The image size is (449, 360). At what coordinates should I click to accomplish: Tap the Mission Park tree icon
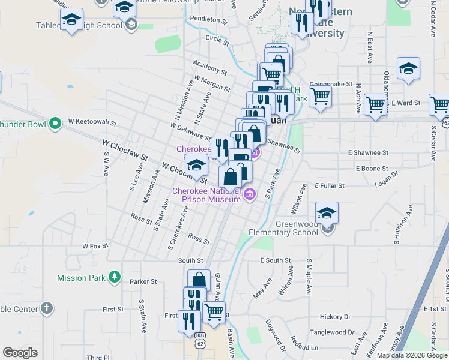tap(112, 277)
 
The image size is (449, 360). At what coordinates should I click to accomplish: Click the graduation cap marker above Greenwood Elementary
tap(327, 213)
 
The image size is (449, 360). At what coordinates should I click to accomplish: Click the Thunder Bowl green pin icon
tap(55, 124)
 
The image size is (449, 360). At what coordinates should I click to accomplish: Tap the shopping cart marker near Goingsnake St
tap(321, 95)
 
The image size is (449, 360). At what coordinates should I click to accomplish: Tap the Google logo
tap(20, 353)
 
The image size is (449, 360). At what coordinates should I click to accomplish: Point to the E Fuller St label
tap(328, 186)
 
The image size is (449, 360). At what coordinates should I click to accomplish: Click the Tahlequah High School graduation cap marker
tap(72, 21)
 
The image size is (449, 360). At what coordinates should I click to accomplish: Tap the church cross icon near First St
tap(46, 308)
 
